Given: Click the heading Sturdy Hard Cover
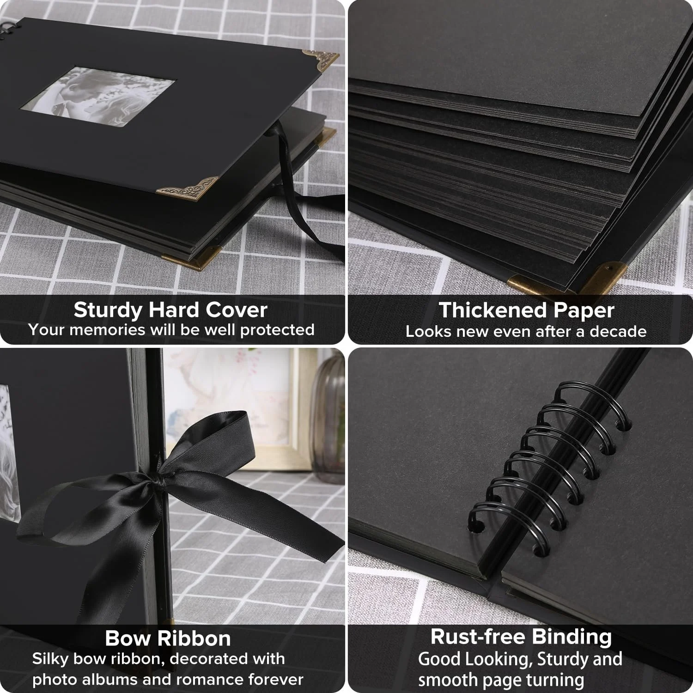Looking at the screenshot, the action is [x=170, y=310].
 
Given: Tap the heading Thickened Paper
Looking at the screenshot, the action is [x=526, y=310].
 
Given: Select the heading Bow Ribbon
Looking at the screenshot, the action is [x=168, y=638].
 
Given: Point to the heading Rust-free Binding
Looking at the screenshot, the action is [x=521, y=637].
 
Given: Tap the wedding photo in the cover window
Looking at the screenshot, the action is [x=97, y=98].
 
